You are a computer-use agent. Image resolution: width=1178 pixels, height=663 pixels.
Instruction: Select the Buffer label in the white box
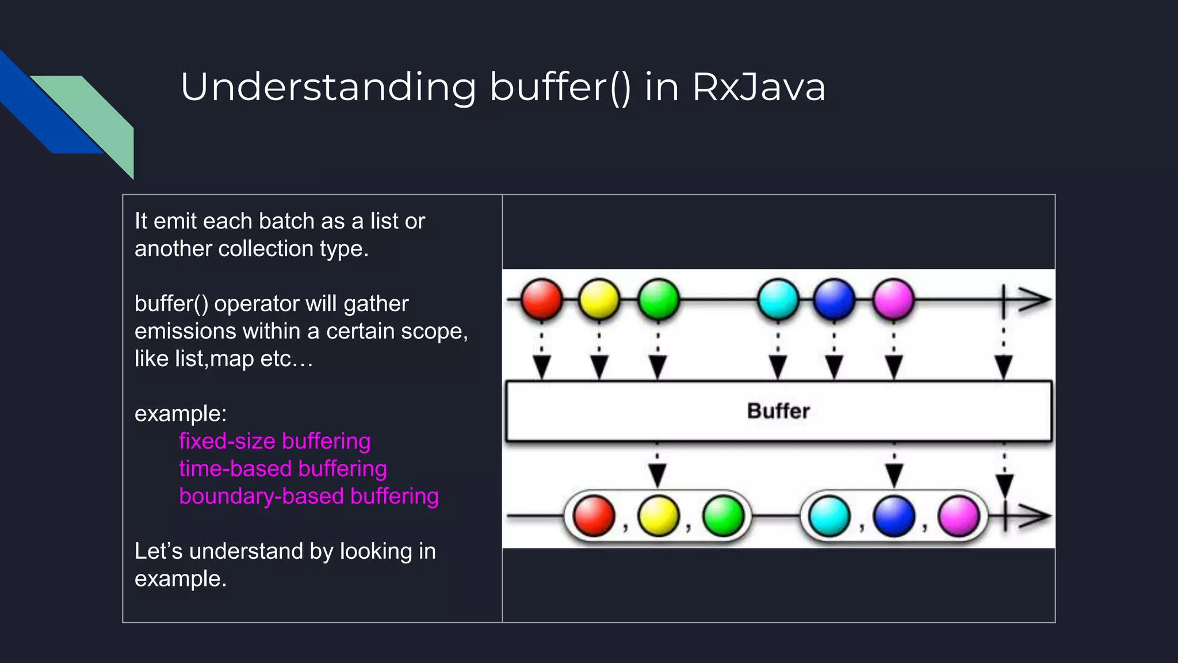coord(778,411)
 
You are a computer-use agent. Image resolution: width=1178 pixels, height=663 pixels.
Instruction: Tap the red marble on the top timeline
coord(541,299)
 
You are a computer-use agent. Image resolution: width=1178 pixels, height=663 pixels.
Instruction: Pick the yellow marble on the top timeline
coord(599,299)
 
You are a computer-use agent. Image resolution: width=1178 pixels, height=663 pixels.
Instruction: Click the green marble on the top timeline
coord(658,299)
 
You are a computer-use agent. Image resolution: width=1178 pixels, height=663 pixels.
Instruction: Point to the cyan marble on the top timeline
coord(778,299)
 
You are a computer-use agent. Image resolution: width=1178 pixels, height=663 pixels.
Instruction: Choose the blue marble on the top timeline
coord(834,299)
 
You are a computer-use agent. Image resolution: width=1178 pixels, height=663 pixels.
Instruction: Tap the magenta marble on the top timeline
coord(893,299)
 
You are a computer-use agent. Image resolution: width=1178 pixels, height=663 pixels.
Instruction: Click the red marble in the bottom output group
coord(594,516)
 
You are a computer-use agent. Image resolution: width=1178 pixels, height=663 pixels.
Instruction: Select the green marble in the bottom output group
coord(723,516)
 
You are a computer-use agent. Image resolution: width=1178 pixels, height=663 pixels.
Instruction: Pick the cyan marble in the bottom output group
coord(829,516)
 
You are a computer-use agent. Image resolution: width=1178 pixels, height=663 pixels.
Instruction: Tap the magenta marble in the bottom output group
coord(958,516)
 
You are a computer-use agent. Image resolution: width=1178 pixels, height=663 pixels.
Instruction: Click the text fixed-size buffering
coord(274,441)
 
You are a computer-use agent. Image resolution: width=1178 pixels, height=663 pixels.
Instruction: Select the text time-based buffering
coord(282,469)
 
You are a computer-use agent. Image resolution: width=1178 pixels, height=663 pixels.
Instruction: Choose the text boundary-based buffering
coord(308,496)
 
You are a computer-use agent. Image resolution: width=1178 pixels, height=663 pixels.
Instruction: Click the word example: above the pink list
coord(181,414)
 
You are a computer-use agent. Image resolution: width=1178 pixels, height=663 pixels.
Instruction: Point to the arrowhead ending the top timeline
coord(1035,300)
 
